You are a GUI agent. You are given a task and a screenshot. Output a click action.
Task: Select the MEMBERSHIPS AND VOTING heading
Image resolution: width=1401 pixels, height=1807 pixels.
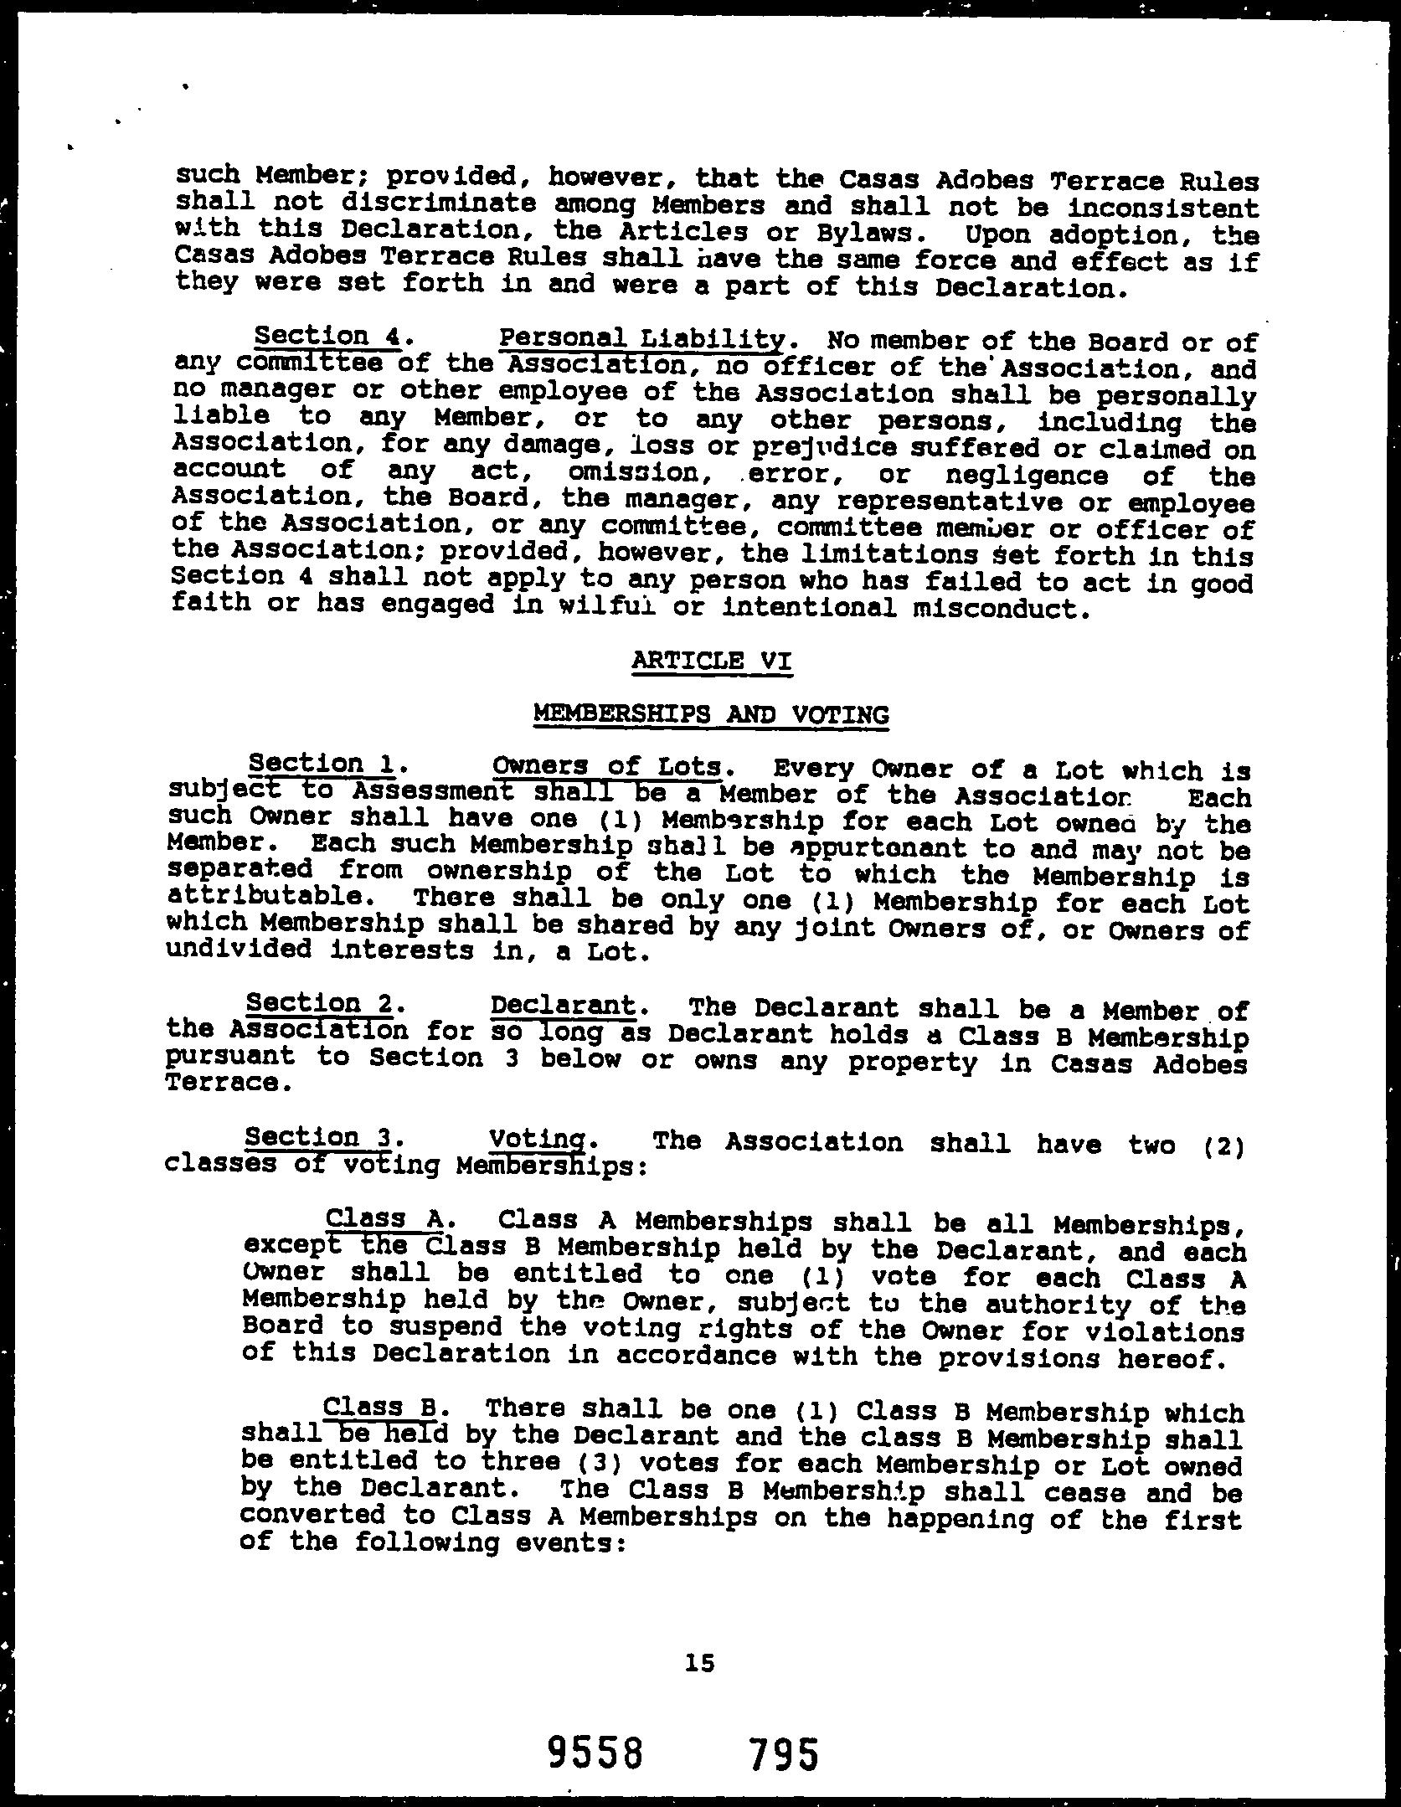[711, 714]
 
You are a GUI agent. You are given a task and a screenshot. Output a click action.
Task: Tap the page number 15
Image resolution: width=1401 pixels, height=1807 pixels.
[699, 1662]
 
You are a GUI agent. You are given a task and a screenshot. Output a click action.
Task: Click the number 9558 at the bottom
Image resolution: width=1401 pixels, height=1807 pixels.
[595, 1751]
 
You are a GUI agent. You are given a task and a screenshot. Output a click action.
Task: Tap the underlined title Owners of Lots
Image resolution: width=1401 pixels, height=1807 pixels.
[607, 766]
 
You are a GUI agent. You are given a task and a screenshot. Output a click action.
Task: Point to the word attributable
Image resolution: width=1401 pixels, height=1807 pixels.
[266, 897]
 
